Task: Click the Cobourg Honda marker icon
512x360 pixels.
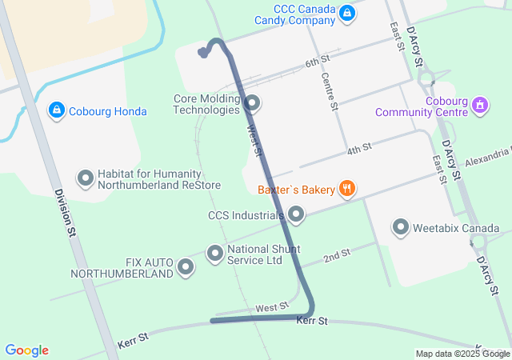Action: click(56, 110)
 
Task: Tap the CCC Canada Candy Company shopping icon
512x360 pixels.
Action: click(346, 14)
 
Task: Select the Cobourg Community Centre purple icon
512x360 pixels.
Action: click(479, 104)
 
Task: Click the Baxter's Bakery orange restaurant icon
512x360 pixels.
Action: click(346, 190)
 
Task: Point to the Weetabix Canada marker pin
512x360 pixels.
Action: click(401, 228)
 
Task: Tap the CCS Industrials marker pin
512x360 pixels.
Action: click(296, 214)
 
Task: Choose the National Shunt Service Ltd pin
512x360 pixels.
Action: click(214, 254)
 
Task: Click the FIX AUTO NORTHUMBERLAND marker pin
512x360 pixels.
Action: click(186, 267)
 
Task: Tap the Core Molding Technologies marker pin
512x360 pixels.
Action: click(253, 103)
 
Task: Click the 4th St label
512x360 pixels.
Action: click(359, 149)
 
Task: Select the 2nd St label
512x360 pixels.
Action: click(337, 256)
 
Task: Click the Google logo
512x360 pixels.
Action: click(26, 350)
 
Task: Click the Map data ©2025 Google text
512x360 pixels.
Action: click(462, 354)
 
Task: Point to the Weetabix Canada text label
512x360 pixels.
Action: click(456, 228)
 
